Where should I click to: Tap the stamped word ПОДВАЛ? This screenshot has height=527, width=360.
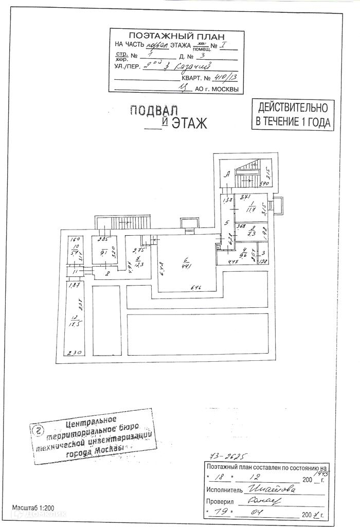[153, 110]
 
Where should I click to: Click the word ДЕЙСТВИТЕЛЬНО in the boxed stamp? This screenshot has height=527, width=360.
[293, 108]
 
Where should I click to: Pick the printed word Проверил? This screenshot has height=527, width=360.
[220, 501]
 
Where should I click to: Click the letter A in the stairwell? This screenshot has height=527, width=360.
[226, 174]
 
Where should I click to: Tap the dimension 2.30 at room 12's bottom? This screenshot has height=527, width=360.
[76, 353]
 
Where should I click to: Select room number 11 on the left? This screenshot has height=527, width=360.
[75, 271]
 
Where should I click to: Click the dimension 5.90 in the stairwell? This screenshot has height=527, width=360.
[264, 184]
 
